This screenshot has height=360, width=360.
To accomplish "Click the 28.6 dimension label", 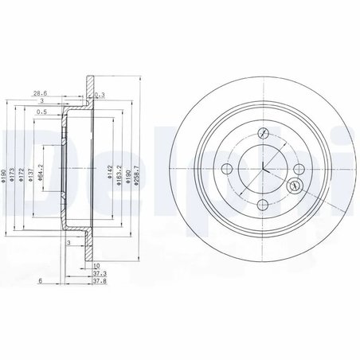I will point(37,92).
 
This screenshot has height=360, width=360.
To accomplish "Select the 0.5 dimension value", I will point(41,112).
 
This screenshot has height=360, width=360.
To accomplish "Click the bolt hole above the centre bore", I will point(262,132).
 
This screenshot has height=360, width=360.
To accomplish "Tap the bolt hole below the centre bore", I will point(262,202).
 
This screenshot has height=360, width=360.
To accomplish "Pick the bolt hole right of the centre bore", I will point(297,167).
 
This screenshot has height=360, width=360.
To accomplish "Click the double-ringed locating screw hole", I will point(294,187).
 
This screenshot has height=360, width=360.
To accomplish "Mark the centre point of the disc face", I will point(262,167).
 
